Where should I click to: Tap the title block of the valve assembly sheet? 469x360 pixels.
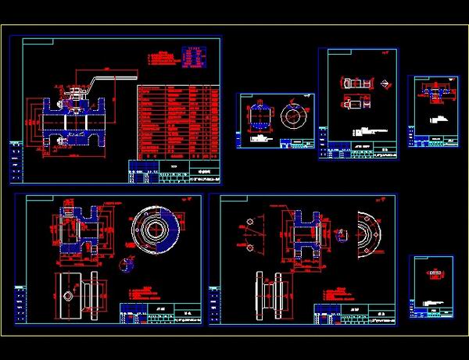(x=175, y=171)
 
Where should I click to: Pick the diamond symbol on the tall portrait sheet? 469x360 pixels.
(x=385, y=83)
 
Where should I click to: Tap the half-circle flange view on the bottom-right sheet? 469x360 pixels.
(x=367, y=234)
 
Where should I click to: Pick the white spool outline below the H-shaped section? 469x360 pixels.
(x=267, y=295)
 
